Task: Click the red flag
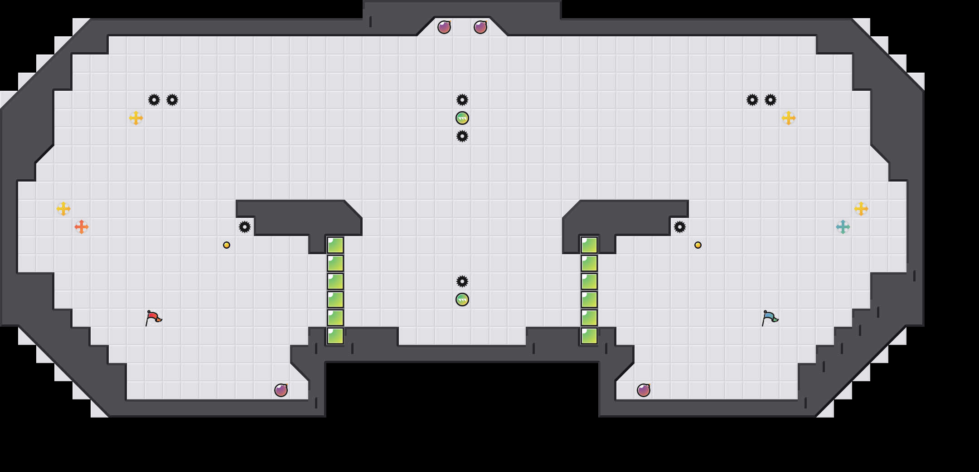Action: (153, 318)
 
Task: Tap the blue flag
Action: (770, 318)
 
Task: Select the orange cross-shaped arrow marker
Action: (82, 227)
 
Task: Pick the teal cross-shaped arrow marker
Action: (843, 227)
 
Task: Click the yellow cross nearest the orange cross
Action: (63, 209)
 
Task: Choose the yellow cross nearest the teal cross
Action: (861, 209)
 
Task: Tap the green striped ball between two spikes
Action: (462, 118)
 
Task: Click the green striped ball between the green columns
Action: (462, 300)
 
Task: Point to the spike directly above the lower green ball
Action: (462, 281)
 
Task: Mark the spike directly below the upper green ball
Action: (462, 136)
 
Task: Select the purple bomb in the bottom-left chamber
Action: (281, 390)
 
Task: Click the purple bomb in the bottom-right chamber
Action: (644, 390)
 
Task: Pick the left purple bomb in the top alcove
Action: (444, 27)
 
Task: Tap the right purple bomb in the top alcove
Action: (480, 27)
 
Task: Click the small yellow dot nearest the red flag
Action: (227, 245)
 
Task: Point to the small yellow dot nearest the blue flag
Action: (698, 245)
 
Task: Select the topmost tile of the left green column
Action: (335, 245)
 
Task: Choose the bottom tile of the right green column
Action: (589, 336)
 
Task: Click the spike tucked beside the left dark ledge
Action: (245, 227)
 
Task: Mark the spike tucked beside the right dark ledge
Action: (680, 227)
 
